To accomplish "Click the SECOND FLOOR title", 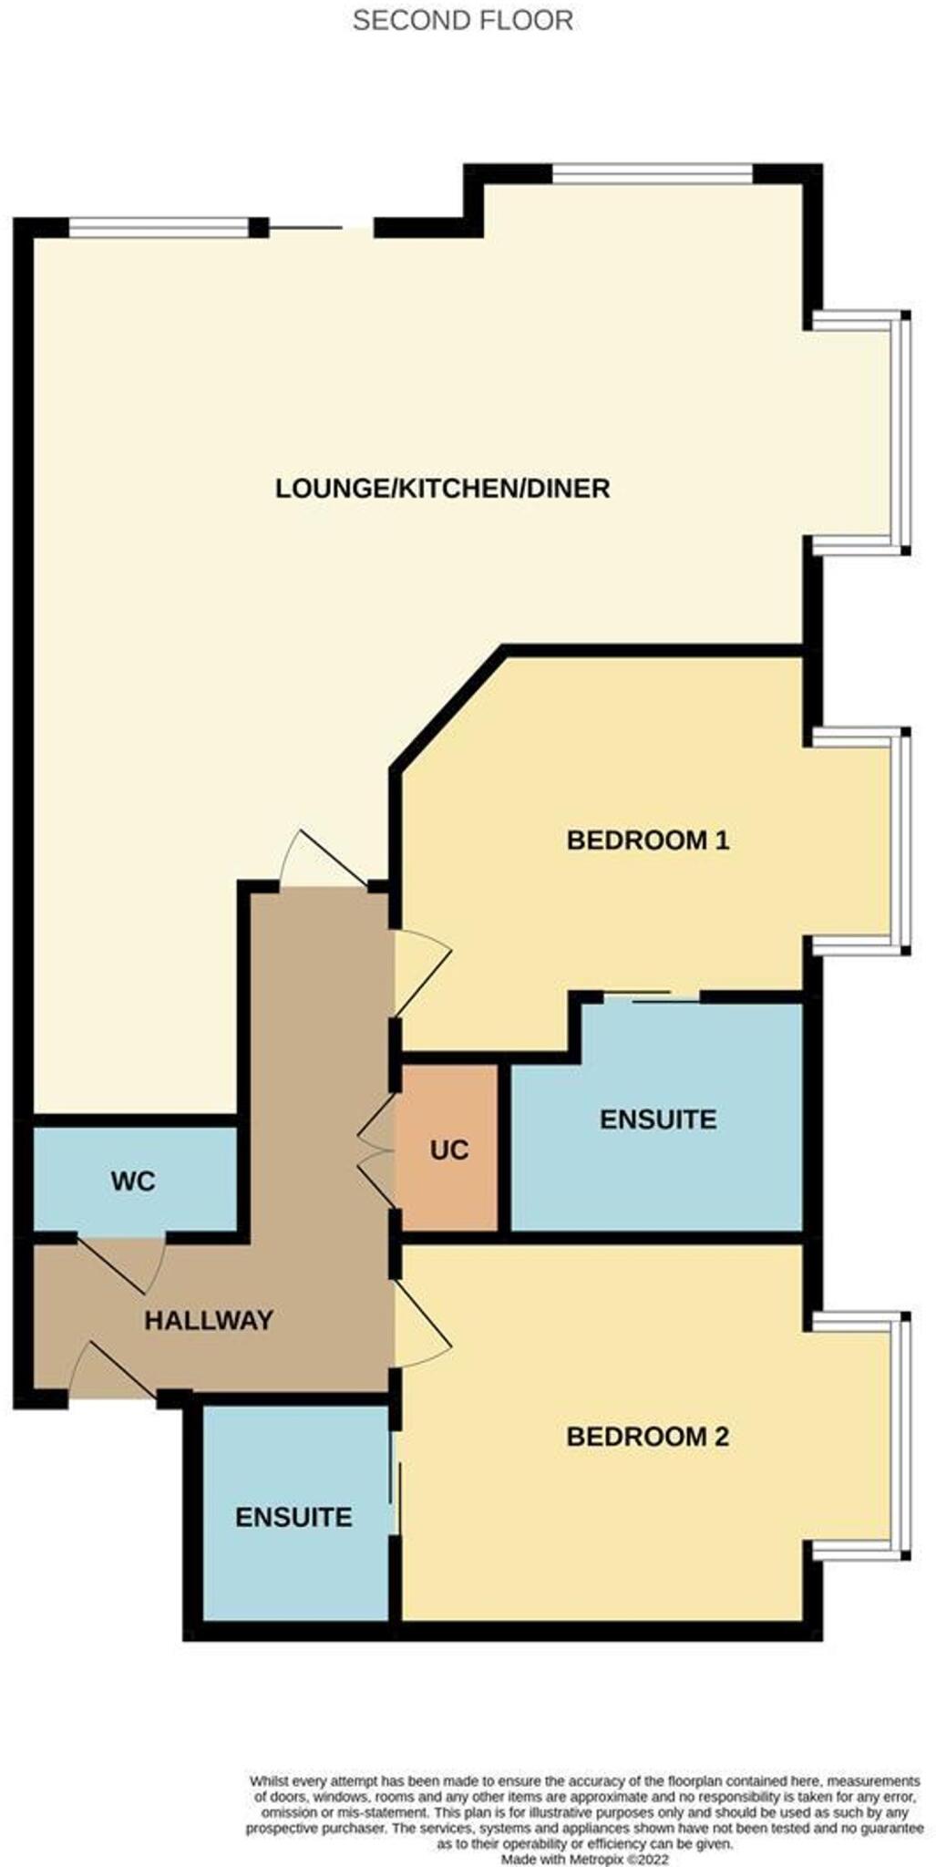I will pos(462,20).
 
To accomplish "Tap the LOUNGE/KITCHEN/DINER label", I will pos(442,489).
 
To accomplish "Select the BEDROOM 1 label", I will pos(647,840).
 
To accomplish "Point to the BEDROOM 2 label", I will pos(647,1437).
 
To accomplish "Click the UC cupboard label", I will pos(448,1150).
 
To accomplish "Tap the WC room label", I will pos(133,1181).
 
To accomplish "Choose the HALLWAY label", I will pos(209,1320).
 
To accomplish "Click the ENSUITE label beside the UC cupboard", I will pos(657,1119).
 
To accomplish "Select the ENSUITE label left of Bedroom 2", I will pos(293,1517).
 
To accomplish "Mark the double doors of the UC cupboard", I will pos(376,1151).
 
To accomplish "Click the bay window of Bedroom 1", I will pos(902,841).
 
